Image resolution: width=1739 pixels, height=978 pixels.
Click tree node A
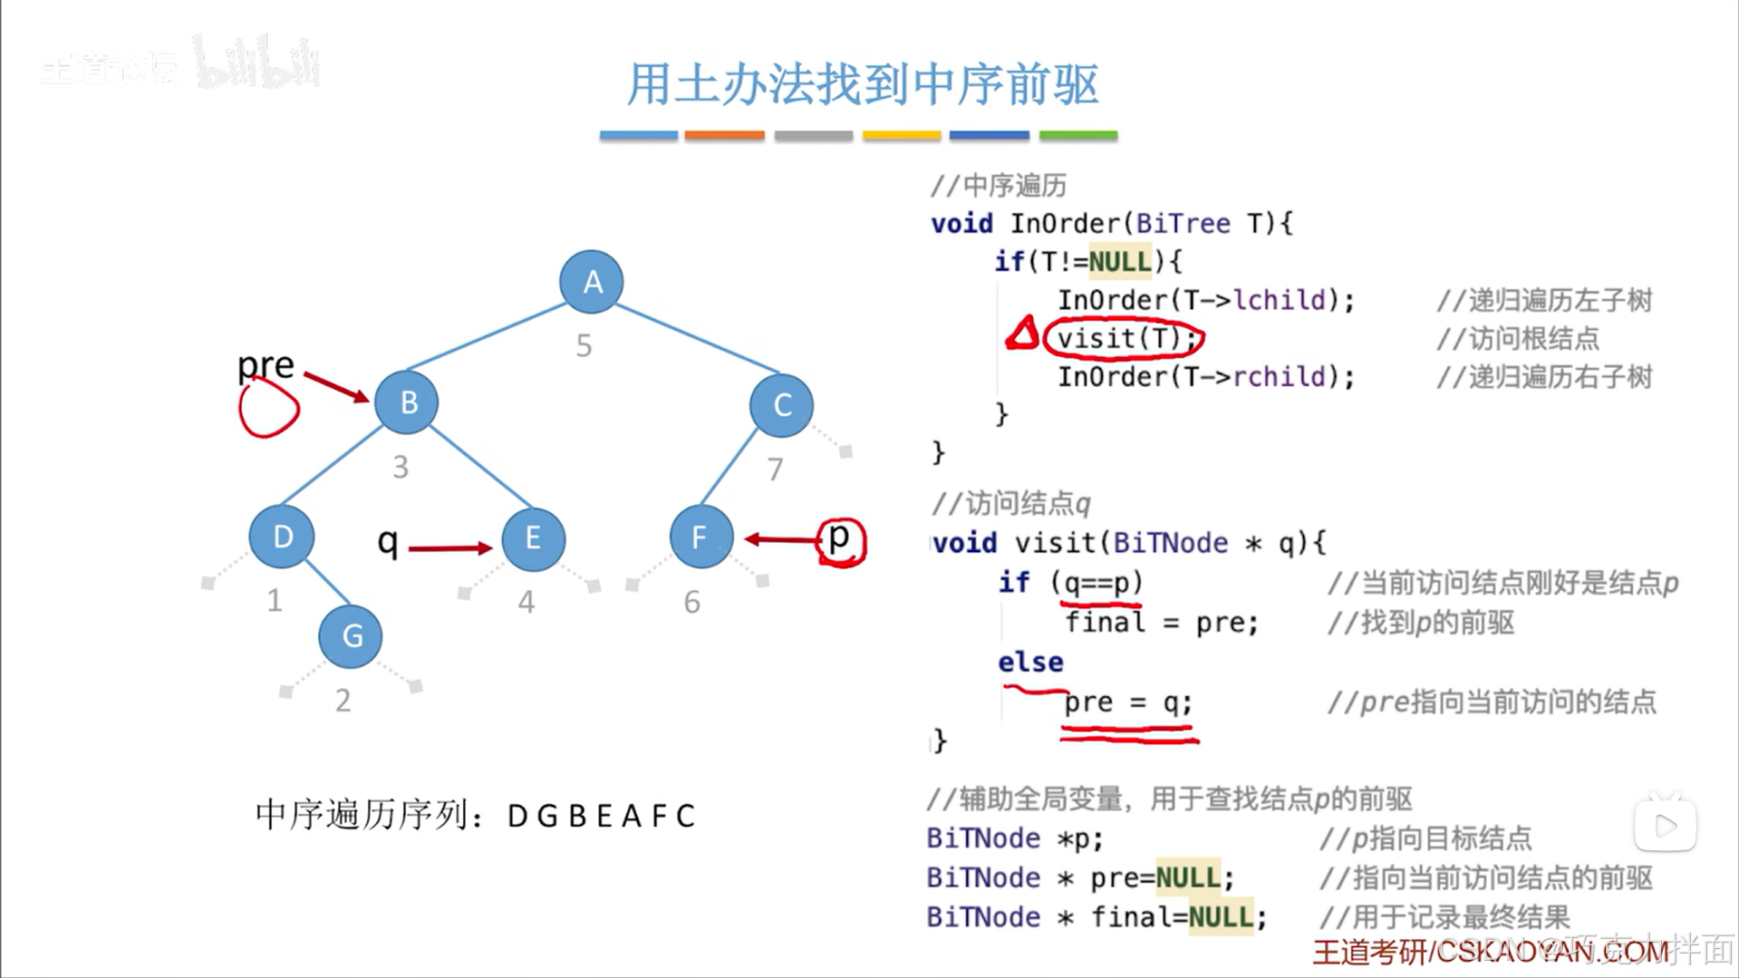(x=592, y=282)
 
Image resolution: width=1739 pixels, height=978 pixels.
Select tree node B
(x=407, y=402)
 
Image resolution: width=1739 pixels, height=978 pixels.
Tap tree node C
(x=781, y=404)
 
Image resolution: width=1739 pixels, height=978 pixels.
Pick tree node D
(x=282, y=537)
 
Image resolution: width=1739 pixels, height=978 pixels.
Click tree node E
(x=533, y=538)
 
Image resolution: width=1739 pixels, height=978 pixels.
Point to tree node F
(x=700, y=537)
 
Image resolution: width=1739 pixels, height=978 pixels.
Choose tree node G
(x=351, y=636)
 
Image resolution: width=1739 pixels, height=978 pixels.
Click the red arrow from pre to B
(x=336, y=387)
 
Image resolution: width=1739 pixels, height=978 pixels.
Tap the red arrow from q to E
(x=449, y=547)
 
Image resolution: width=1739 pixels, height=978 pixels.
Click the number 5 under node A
(x=584, y=345)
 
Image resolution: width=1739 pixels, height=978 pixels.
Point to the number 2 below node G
(x=343, y=701)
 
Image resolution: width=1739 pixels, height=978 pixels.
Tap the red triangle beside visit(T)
(x=1023, y=334)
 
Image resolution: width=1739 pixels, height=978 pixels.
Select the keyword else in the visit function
(x=1030, y=663)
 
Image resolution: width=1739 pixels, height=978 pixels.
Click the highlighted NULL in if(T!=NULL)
(x=1119, y=262)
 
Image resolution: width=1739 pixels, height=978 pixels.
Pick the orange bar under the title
(x=724, y=136)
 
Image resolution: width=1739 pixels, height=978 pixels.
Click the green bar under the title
(x=1077, y=136)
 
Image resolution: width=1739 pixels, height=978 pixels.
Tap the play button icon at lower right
(x=1665, y=825)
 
